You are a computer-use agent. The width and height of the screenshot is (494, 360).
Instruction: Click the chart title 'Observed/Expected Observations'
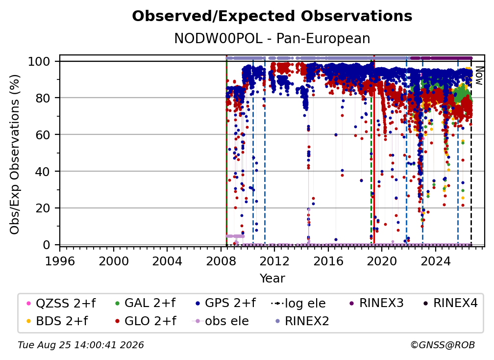(272, 16)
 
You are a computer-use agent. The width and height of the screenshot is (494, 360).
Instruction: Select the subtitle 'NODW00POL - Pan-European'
(272, 38)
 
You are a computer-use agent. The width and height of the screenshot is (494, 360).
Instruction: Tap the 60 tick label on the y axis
(43, 135)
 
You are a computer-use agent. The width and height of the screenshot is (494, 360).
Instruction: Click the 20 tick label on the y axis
(43, 208)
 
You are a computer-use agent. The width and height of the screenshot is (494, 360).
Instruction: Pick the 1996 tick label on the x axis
(60, 261)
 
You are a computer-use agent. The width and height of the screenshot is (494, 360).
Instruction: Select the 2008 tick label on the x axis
(221, 261)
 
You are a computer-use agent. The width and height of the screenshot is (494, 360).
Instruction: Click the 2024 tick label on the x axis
(435, 261)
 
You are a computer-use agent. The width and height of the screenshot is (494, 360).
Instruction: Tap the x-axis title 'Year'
(272, 279)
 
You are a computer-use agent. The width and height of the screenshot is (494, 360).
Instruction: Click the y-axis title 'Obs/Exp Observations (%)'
(15, 154)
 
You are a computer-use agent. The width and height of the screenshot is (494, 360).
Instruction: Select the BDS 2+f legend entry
(57, 321)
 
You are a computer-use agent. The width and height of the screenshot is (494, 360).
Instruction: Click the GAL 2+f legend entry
(145, 303)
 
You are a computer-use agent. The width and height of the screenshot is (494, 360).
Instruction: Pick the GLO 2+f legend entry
(146, 321)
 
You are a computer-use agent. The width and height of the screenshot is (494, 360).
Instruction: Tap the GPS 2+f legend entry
(225, 303)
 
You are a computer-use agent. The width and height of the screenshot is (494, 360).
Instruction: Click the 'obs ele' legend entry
(220, 321)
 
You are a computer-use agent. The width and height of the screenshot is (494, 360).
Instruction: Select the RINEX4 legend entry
(450, 303)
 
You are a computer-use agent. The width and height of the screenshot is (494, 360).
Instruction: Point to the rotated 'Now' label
(479, 76)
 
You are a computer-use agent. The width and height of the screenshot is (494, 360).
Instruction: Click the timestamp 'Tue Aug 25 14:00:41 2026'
(81, 345)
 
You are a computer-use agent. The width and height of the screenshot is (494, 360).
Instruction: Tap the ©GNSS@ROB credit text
(443, 345)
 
